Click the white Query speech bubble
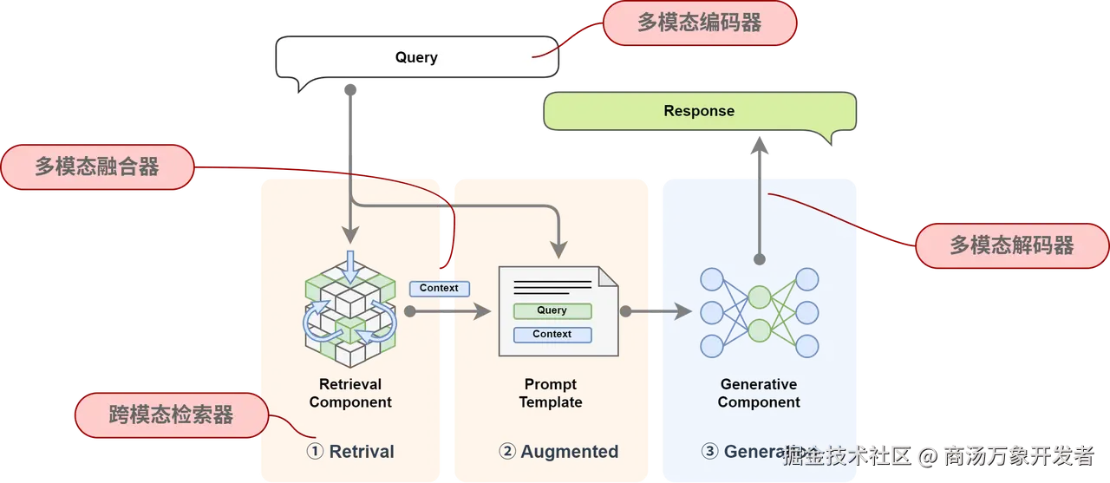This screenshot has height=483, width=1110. point(416,58)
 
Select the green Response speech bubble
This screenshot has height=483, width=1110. point(699,111)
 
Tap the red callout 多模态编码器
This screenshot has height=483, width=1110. point(699,23)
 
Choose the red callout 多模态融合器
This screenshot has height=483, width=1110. point(97,166)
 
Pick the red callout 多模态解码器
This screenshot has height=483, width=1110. point(1011,245)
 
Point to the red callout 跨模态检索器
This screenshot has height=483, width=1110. point(172,414)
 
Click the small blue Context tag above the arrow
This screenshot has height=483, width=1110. point(439,288)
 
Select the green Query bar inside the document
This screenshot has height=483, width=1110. point(552,310)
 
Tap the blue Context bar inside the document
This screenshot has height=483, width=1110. point(552,334)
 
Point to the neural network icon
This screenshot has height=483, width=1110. point(759,312)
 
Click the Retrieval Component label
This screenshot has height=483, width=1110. point(350,393)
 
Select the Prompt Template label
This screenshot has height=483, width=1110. point(551,393)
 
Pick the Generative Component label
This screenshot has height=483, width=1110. point(759,393)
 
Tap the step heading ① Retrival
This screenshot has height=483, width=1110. point(350,452)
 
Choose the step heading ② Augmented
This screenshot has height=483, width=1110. point(558,452)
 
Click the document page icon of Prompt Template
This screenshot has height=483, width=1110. point(558,311)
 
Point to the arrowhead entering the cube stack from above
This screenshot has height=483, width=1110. point(350,235)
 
